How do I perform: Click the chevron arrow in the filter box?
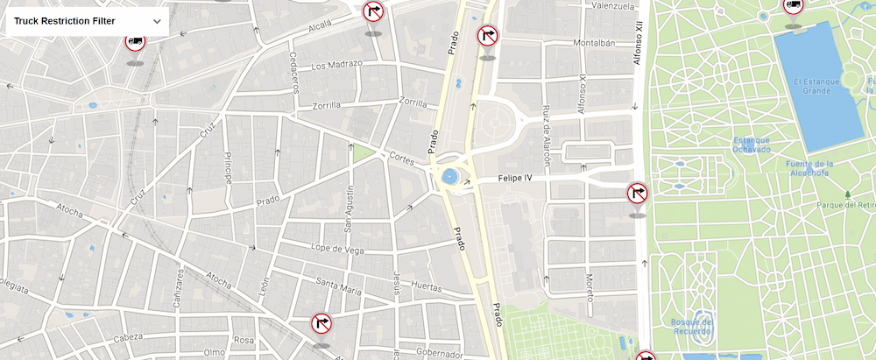[x=157, y=21]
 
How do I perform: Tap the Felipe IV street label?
[x=515, y=178]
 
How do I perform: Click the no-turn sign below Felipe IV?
[x=638, y=193]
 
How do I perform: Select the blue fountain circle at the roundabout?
[x=451, y=177]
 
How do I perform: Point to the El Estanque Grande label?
[x=816, y=86]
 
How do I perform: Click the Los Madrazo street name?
[x=336, y=65]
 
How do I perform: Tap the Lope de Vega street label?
[x=337, y=250]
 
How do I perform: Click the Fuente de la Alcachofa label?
[x=809, y=169]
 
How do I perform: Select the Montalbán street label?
[x=590, y=43]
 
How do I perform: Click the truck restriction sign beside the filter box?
[x=135, y=40]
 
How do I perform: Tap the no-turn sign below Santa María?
[x=321, y=324]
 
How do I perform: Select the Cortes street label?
[x=401, y=159]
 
